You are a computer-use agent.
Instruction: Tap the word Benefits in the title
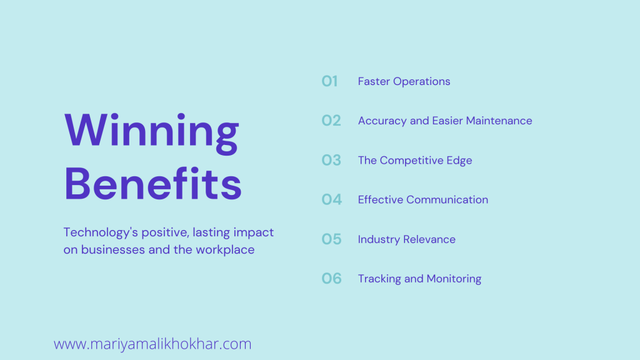(153, 183)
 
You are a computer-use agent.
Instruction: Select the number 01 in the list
(329, 81)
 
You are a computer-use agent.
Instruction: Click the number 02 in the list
(331, 121)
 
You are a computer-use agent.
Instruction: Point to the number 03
(331, 160)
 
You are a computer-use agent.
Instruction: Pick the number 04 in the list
(331, 199)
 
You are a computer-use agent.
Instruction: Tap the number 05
(331, 239)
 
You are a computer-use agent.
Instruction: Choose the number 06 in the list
(331, 278)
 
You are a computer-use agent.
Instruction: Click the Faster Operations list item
(404, 82)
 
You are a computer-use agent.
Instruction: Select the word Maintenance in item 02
(499, 121)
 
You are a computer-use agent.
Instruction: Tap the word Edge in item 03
(459, 161)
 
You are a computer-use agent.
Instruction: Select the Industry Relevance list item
(406, 239)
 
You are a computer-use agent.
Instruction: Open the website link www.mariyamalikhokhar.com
(152, 344)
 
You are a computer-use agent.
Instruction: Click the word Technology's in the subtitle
(101, 232)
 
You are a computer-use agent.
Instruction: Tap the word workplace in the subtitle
(225, 250)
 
